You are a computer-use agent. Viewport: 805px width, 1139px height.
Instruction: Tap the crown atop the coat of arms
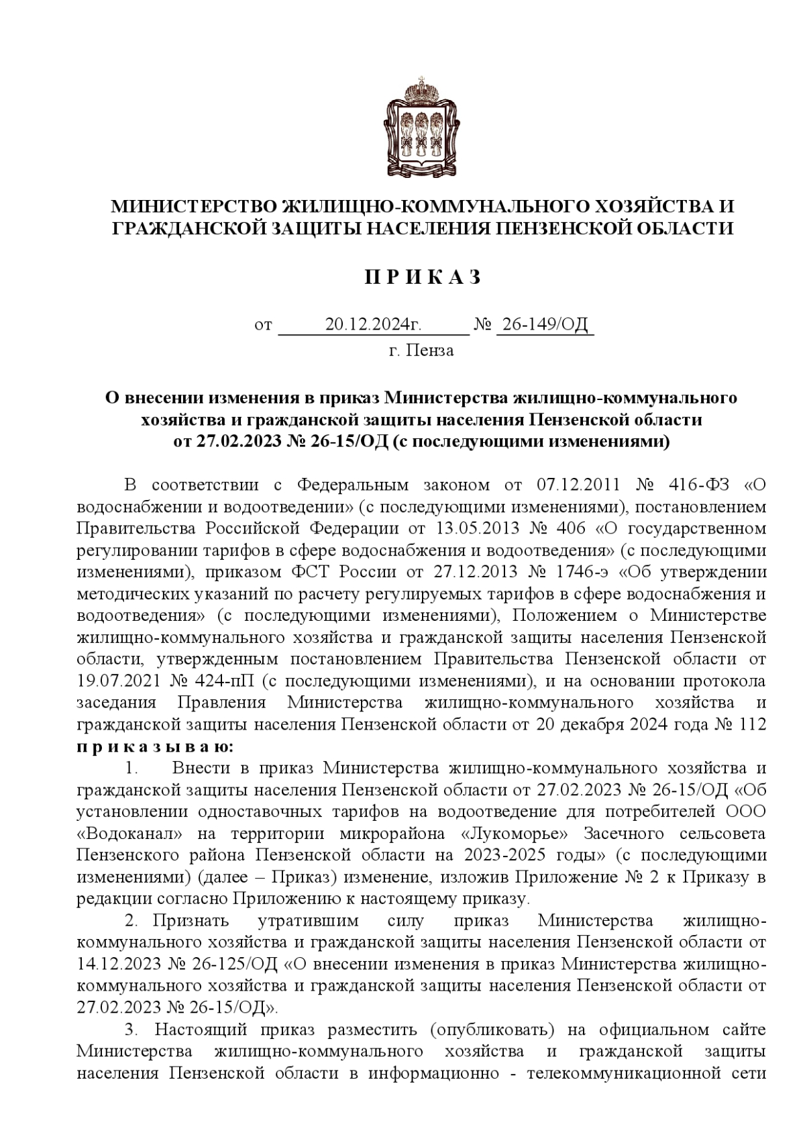(x=422, y=90)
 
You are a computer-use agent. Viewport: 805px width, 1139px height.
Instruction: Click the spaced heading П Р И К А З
(x=423, y=277)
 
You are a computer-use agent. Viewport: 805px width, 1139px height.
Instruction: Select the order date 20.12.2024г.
(x=373, y=326)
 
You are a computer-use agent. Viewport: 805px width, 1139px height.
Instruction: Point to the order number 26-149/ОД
(x=545, y=326)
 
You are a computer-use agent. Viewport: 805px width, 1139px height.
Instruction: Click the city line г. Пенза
(x=421, y=350)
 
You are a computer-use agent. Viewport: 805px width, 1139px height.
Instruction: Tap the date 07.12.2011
(x=578, y=485)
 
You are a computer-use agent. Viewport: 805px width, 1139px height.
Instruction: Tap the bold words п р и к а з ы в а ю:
(x=156, y=746)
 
